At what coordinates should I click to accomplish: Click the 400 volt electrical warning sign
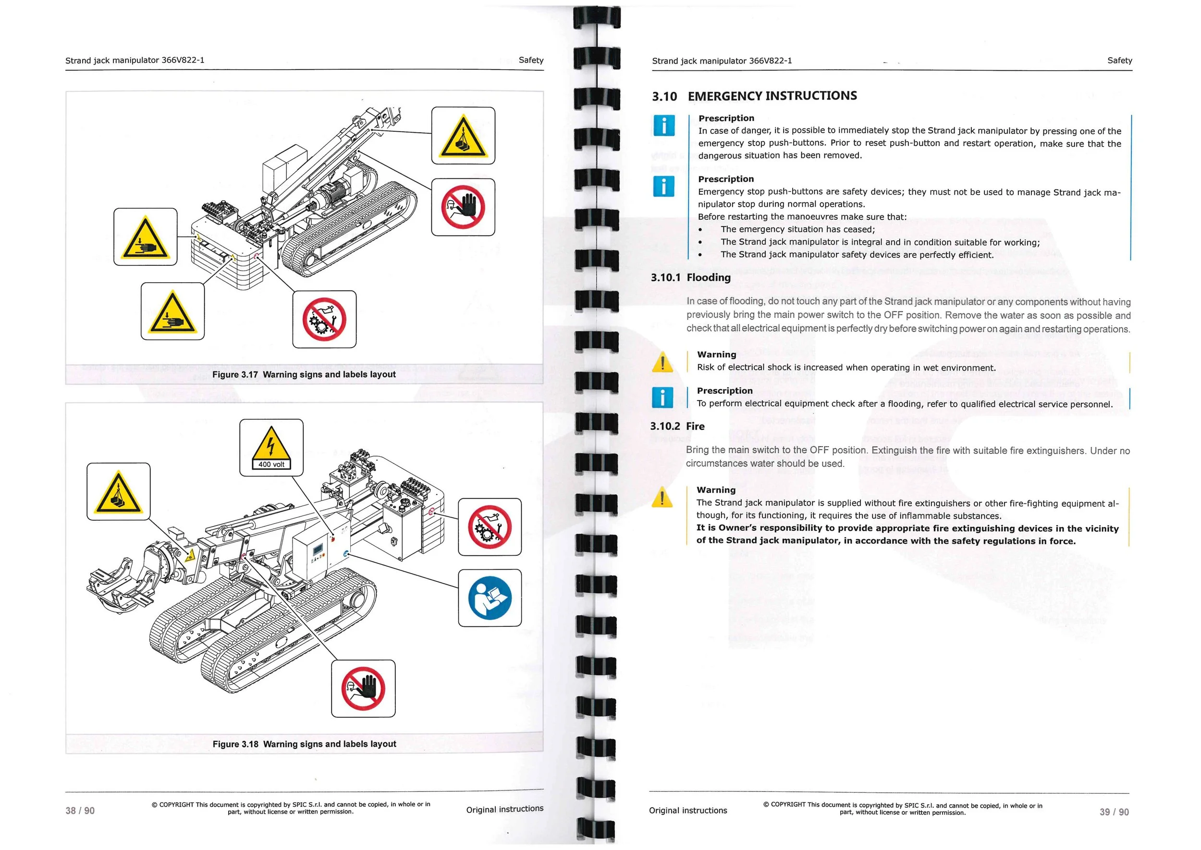coord(271,448)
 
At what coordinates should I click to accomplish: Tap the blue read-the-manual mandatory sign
coord(490,598)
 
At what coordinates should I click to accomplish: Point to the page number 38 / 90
coord(80,811)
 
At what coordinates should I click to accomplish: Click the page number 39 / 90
coord(1114,812)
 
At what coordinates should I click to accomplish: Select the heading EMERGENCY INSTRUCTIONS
coord(772,96)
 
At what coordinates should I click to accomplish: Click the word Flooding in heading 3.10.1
coord(708,277)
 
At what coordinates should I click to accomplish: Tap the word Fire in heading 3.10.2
coord(695,426)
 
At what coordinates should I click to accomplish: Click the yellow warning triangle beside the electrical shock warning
coord(662,362)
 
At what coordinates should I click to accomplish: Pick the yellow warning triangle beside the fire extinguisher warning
coord(662,498)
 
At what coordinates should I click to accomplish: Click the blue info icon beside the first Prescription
coord(664,125)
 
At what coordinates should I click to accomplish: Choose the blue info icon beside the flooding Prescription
coord(662,398)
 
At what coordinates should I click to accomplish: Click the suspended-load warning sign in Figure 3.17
coord(463,136)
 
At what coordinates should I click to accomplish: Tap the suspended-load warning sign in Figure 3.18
coord(118,491)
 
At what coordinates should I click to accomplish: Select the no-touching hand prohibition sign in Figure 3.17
coord(463,207)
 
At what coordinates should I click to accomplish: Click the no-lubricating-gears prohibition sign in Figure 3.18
coord(490,526)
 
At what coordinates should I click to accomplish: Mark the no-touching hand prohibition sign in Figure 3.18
coord(363,688)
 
